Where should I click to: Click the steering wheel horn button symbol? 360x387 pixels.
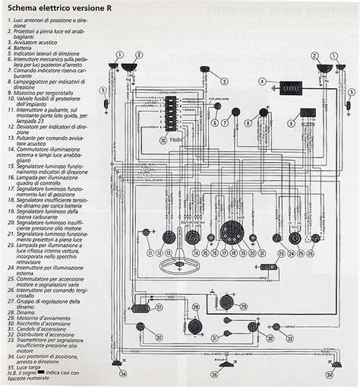[x=177, y=267]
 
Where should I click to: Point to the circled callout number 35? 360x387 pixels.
[x=214, y=374]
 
